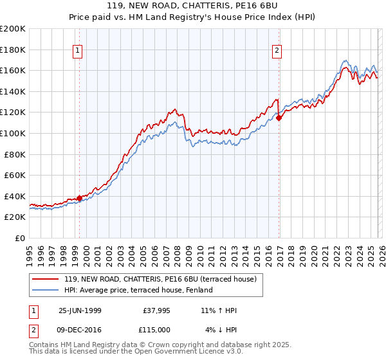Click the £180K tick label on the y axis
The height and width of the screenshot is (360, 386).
tap(13, 50)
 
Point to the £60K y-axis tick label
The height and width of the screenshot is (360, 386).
tap(14, 175)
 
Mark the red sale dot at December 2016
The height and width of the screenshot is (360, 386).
tap(279, 118)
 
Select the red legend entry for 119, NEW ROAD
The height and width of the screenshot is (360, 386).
tap(161, 279)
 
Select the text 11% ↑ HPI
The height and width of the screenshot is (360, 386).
tap(219, 311)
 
